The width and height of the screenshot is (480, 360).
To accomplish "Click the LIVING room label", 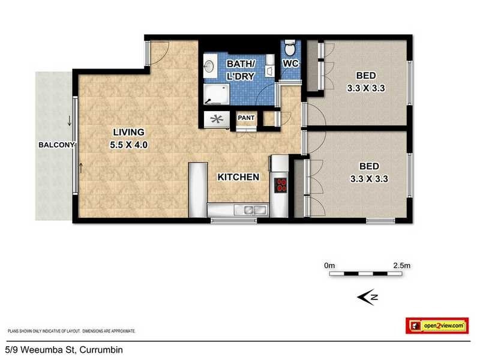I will click(127, 132).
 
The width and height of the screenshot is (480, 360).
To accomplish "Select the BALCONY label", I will click(56, 145).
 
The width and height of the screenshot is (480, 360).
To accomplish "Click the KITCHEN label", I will click(238, 177).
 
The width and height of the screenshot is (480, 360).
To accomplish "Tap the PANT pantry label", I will click(247, 118).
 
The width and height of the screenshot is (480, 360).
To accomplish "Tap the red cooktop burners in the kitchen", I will click(281, 185).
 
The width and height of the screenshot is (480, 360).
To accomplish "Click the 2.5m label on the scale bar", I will click(400, 265).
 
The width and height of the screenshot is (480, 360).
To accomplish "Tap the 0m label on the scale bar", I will click(329, 265).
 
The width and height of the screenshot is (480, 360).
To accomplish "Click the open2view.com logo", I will click(437, 325).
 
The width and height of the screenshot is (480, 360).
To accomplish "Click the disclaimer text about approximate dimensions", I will click(71, 331).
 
